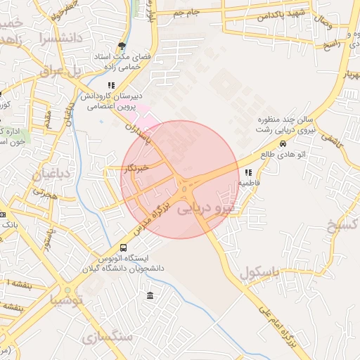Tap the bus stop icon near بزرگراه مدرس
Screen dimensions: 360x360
(124, 247)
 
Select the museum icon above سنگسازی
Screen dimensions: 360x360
(150, 296)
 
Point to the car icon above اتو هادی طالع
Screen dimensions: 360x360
(283, 143)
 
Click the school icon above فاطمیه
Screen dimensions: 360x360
(248, 172)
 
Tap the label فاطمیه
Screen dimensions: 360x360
(249, 182)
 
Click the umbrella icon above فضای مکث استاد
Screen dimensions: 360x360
(122, 46)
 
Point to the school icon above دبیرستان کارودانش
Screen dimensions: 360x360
(111, 85)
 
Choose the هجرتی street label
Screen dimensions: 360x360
(44, 191)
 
